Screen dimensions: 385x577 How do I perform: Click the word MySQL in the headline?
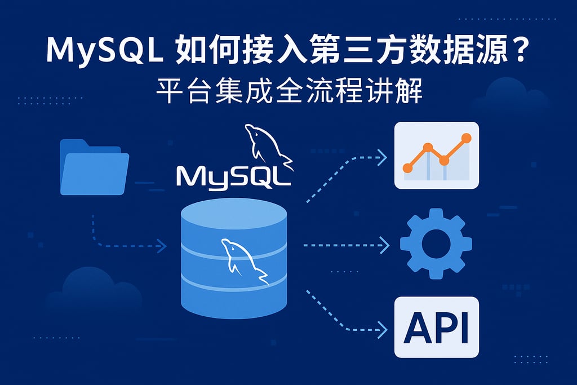(x=105, y=52)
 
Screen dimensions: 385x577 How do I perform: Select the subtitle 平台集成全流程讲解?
(x=288, y=91)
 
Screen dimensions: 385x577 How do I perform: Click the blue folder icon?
(x=94, y=167)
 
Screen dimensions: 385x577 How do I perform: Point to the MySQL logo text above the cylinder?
(x=233, y=175)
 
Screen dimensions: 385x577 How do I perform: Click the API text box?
(x=436, y=327)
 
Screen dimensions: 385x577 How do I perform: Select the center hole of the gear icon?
(x=436, y=244)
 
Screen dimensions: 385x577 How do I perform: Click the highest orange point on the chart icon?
(x=465, y=138)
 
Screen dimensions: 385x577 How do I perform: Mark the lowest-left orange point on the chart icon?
(x=408, y=167)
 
